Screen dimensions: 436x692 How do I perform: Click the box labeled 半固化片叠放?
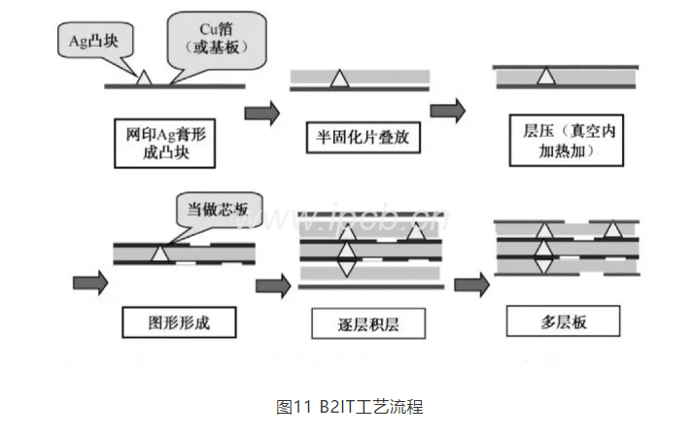pyautogui.click(x=363, y=137)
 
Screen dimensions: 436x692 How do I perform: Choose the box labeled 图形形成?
pyautogui.click(x=180, y=320)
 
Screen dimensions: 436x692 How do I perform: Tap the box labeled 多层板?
pyautogui.click(x=565, y=320)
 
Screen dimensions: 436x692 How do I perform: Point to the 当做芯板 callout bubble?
pyautogui.click(x=210, y=209)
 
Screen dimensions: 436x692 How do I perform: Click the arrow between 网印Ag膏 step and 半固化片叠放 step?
pyautogui.click(x=260, y=114)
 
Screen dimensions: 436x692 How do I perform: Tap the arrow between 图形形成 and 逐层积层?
pyautogui.click(x=273, y=285)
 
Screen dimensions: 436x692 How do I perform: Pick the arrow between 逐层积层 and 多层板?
pyautogui.click(x=471, y=284)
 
